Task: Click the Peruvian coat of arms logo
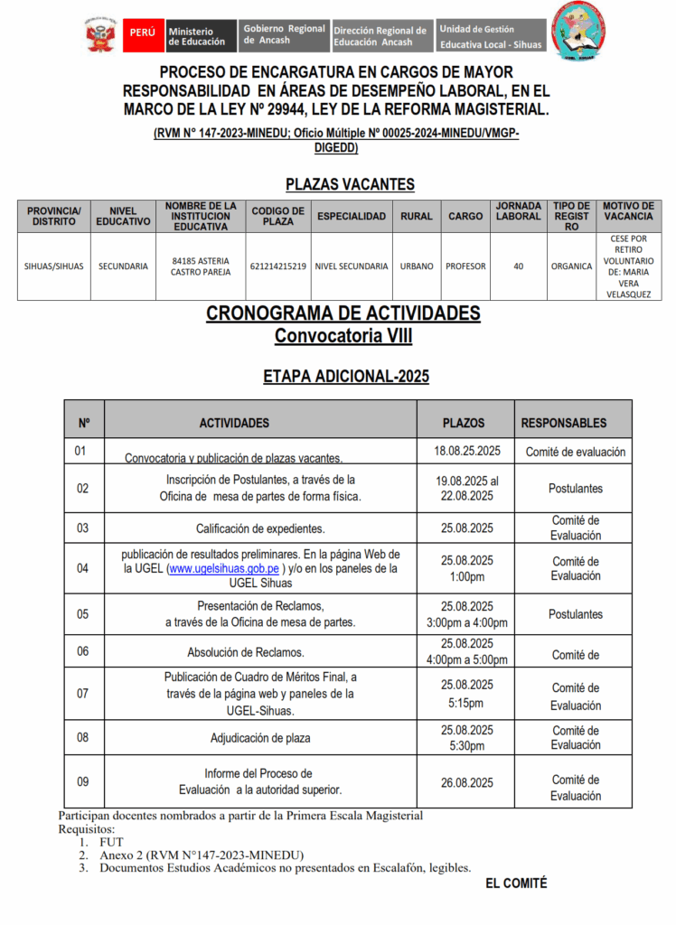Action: click(100, 36)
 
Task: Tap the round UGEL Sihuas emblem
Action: click(577, 33)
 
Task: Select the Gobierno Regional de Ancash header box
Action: click(284, 35)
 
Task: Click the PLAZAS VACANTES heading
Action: click(350, 184)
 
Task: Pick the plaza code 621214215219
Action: click(277, 266)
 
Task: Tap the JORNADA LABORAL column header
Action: click(518, 217)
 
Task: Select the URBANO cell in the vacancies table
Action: click(417, 266)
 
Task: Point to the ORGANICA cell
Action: click(571, 266)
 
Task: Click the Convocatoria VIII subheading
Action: click(343, 337)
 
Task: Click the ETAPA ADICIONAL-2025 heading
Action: click(345, 376)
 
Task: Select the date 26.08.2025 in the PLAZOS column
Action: click(467, 783)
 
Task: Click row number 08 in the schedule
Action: click(83, 737)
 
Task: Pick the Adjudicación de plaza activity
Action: click(260, 738)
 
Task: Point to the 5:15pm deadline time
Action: click(467, 704)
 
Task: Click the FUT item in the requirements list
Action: click(112, 842)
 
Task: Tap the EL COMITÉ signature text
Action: click(516, 883)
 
